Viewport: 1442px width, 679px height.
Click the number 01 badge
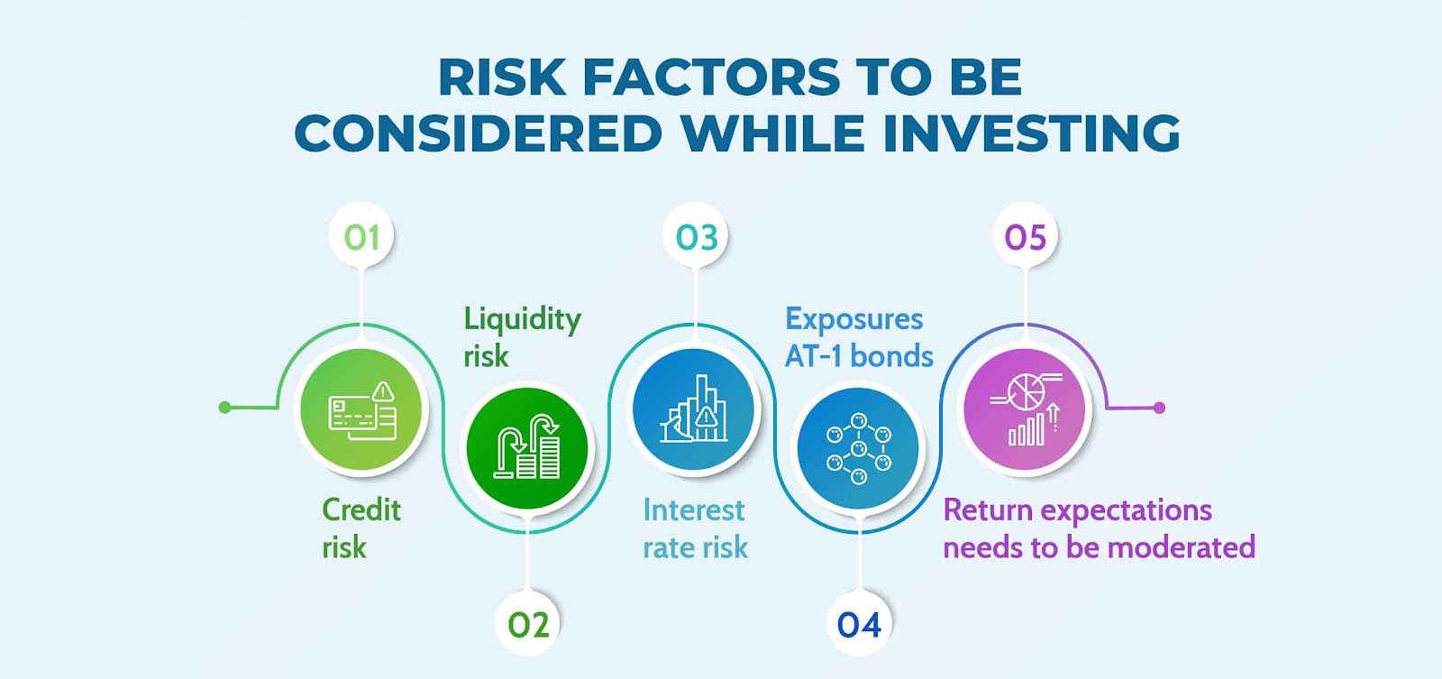(x=361, y=235)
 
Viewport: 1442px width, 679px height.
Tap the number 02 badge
(x=527, y=624)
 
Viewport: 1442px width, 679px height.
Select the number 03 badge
(x=696, y=235)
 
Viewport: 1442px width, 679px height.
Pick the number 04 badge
(x=860, y=624)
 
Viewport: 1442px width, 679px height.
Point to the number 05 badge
(x=1025, y=235)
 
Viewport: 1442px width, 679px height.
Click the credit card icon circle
(x=361, y=409)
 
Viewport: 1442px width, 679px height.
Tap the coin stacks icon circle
(x=527, y=448)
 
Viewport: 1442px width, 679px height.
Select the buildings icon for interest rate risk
(x=694, y=409)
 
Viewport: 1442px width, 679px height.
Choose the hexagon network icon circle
(x=859, y=448)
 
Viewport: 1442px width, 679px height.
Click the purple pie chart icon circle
(x=1025, y=409)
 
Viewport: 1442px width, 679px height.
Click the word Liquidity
(x=522, y=320)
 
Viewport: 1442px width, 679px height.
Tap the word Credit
(x=361, y=510)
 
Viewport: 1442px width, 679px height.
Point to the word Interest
(x=693, y=510)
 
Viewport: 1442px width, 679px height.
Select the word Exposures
(x=853, y=320)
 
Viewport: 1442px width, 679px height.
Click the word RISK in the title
(x=501, y=78)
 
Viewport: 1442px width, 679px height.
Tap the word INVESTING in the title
(x=1031, y=133)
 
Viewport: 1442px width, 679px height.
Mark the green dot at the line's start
(x=224, y=408)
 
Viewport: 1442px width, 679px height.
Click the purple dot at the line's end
(x=1159, y=408)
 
